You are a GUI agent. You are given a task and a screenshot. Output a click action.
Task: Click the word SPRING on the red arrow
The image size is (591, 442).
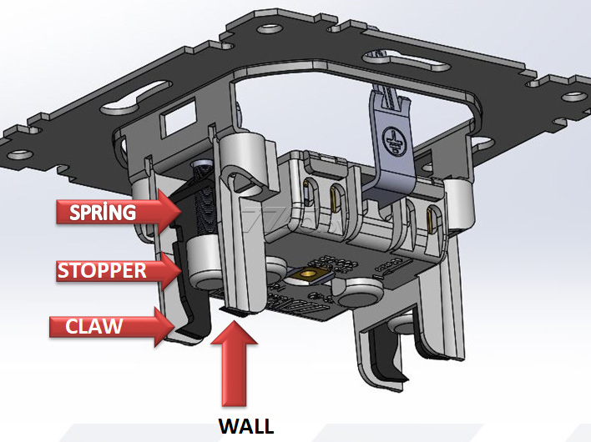point(103,212)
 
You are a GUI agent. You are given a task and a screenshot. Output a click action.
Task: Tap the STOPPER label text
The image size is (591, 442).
point(102,270)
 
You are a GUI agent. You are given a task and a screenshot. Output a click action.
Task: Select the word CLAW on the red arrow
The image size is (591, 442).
point(93,326)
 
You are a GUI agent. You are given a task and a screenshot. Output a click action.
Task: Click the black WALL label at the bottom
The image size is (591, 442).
point(246,426)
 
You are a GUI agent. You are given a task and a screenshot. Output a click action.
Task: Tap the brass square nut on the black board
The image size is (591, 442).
point(310,275)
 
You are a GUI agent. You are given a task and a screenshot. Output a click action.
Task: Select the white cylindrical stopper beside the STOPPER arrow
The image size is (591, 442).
point(205,264)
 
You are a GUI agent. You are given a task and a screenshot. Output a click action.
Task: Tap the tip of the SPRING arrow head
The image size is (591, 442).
point(182,212)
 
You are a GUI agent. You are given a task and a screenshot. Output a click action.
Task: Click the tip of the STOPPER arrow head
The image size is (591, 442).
point(182,270)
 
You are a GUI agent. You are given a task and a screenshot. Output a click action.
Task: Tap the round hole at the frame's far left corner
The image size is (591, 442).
point(19,154)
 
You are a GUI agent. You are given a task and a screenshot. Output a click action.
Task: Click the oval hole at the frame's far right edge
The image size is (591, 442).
point(574,97)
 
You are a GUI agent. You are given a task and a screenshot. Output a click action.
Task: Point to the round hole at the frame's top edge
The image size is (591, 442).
point(270,28)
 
